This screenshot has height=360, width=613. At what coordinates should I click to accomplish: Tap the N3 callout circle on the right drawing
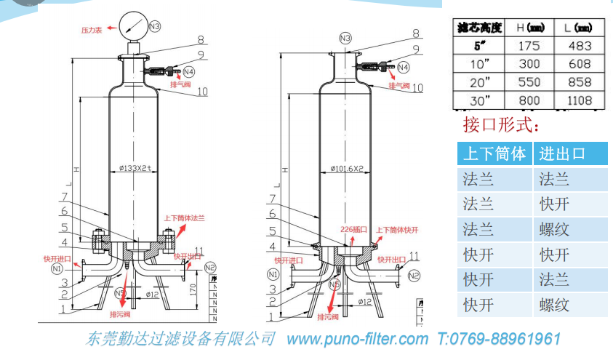click(x=345, y=38)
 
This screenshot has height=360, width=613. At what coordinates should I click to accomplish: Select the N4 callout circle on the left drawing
click(x=188, y=71)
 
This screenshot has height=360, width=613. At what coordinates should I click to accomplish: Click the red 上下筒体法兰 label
click(x=185, y=218)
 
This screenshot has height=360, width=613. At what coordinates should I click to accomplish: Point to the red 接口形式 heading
click(x=501, y=125)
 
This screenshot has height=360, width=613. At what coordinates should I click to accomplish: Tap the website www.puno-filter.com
click(x=357, y=339)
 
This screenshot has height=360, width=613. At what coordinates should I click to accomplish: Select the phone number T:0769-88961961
click(x=499, y=339)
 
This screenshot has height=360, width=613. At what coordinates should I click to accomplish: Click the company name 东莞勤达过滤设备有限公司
click(x=180, y=339)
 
